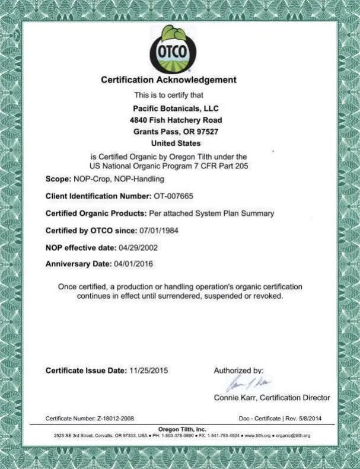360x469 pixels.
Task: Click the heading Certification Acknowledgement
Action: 168,79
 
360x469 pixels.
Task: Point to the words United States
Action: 176,143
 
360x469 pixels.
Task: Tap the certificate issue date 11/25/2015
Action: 149,371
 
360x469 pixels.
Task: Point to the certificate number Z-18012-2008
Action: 116,419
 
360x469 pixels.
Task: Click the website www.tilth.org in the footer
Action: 259,436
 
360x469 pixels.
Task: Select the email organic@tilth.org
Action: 293,436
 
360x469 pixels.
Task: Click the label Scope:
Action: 58,178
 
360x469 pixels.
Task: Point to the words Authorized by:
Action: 238,371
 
